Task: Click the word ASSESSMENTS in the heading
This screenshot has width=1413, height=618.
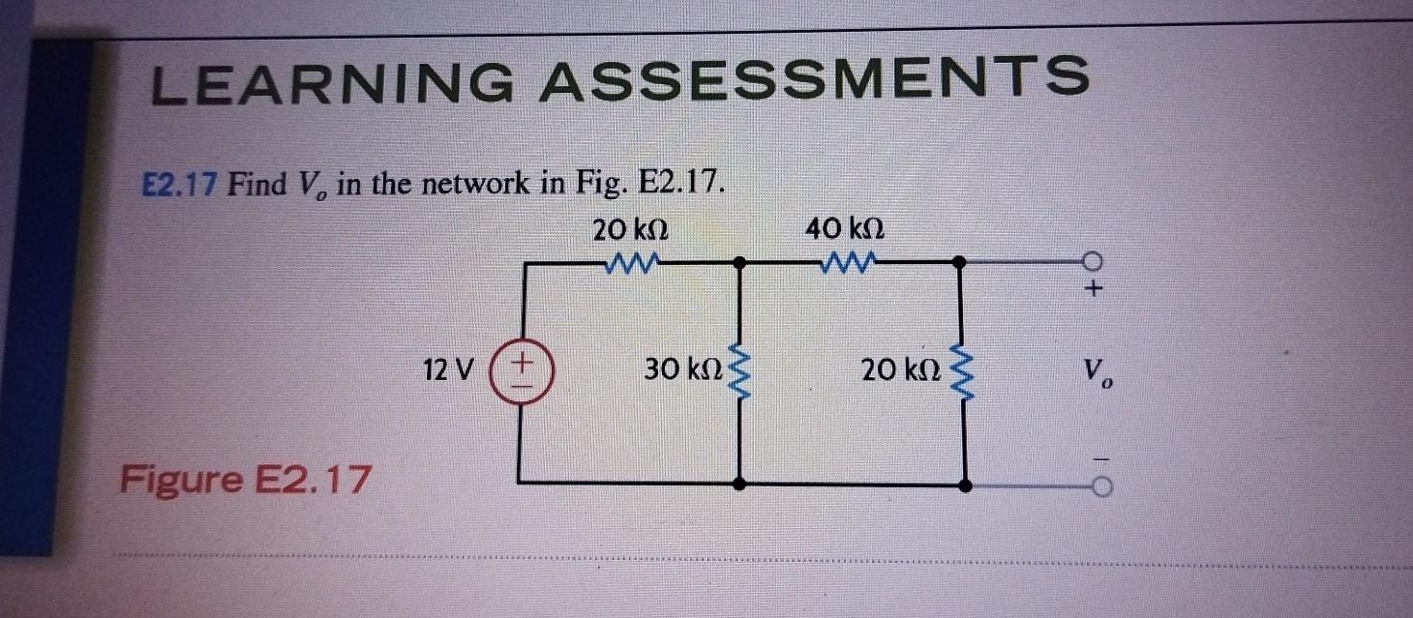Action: (813, 76)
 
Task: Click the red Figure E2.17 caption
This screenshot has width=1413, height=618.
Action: (246, 478)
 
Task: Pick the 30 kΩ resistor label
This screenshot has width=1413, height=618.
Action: (682, 369)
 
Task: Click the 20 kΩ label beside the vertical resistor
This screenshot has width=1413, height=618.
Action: (898, 369)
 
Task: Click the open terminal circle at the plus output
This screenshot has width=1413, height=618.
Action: (1095, 261)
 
